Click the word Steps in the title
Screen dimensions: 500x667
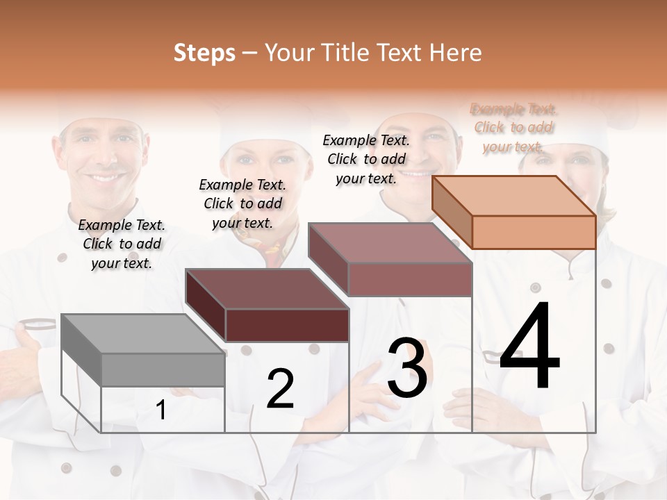click(204, 53)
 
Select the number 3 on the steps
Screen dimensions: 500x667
click(407, 368)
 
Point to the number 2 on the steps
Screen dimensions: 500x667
click(280, 389)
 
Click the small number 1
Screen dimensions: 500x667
click(161, 410)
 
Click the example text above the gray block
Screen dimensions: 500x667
click(122, 244)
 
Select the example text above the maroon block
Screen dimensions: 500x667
click(243, 203)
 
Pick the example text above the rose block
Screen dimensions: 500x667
click(367, 159)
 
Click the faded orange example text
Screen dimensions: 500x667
click(513, 127)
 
